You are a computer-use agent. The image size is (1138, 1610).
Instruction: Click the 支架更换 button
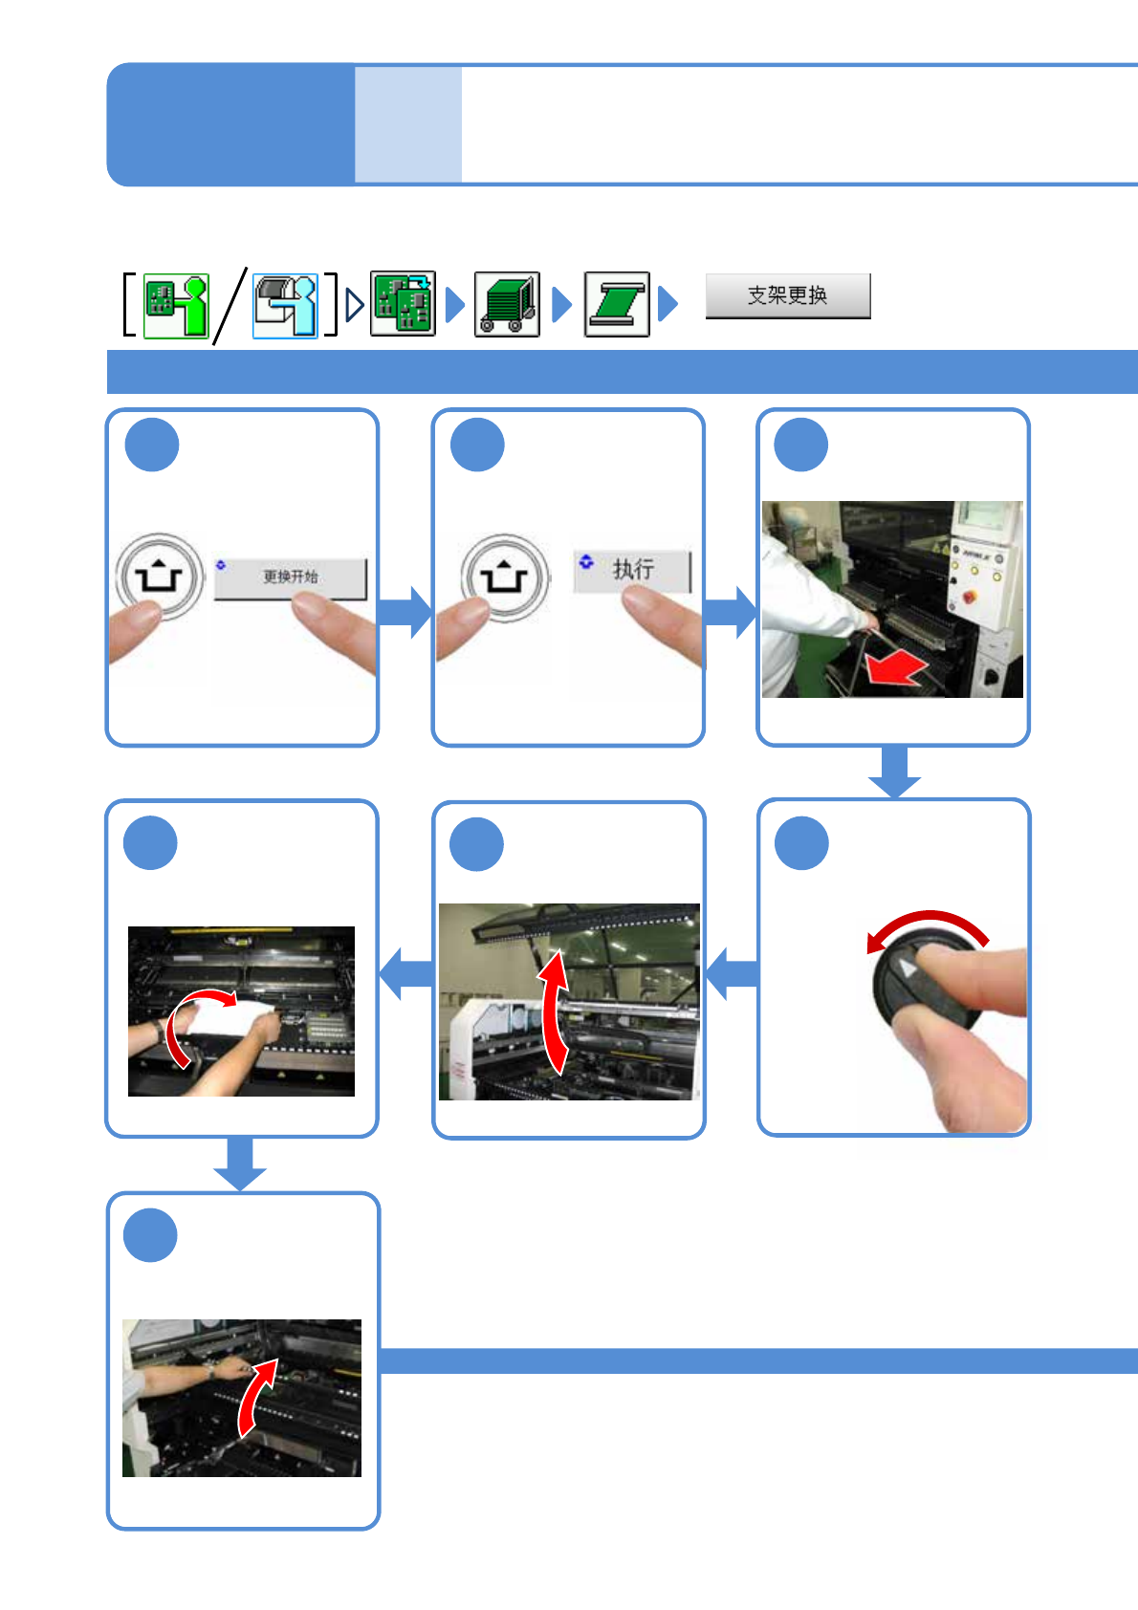coord(788,295)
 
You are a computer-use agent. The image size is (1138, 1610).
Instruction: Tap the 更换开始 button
coord(291,577)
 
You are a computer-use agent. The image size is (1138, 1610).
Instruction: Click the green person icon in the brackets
coord(176,306)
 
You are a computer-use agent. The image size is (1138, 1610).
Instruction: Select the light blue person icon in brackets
coord(285,306)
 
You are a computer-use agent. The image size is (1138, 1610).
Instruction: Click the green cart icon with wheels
coord(507,304)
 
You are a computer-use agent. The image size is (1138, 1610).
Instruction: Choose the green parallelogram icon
coord(617,304)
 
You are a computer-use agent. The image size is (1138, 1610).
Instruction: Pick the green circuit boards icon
coord(404,303)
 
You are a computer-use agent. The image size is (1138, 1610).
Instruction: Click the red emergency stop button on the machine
coord(969,597)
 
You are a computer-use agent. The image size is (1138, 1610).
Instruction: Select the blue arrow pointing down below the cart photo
coord(894,772)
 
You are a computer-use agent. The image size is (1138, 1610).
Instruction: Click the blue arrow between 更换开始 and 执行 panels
coord(405,613)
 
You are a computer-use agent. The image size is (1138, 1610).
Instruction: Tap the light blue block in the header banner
coord(408,124)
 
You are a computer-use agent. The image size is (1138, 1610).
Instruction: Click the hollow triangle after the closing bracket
coord(355,305)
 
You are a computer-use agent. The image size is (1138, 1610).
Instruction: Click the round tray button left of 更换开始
coord(160,577)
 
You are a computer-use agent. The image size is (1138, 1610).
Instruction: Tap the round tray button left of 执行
coord(505,577)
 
